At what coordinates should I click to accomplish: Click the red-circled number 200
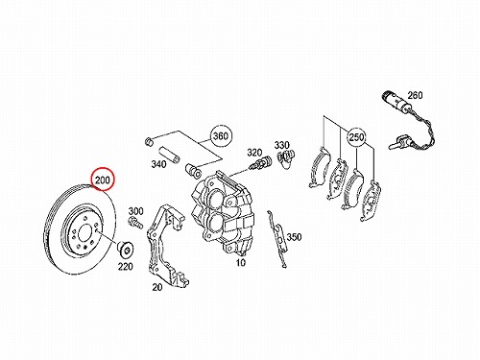pos(103,180)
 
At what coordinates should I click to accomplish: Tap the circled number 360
pos(221,135)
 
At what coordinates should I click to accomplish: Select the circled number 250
pos(356,137)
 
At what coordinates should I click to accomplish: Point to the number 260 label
pos(415,95)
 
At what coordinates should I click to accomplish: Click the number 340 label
pos(158,164)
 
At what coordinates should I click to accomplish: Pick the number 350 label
pos(294,237)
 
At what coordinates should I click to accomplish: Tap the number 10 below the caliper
pos(241,262)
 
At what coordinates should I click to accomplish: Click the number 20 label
pos(157,287)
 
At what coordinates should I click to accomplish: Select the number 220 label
pos(125,266)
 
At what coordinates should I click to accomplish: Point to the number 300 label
pos(136,211)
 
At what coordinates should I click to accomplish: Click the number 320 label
pos(254,153)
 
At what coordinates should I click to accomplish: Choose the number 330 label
pos(281,145)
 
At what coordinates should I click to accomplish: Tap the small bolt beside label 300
pos(135,223)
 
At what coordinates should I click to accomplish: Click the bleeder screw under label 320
pos(260,163)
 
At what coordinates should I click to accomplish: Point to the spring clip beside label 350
pos(277,238)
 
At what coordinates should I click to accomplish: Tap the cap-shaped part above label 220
pos(125,249)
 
